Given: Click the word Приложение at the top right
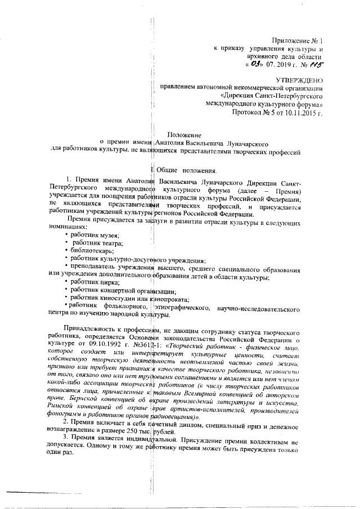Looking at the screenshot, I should (292, 41).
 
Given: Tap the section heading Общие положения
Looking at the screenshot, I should (187, 169).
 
